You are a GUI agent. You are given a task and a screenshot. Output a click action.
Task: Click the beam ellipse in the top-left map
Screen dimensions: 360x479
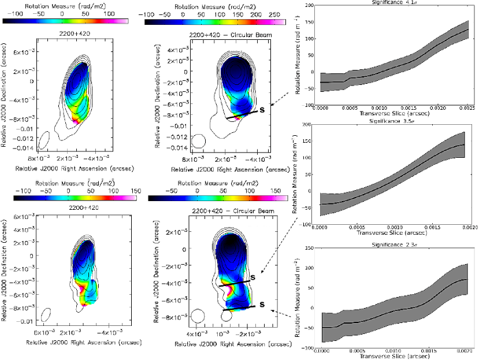pyautogui.click(x=43, y=140)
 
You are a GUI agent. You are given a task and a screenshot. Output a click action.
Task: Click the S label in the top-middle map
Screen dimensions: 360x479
pyautogui.click(x=262, y=108)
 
